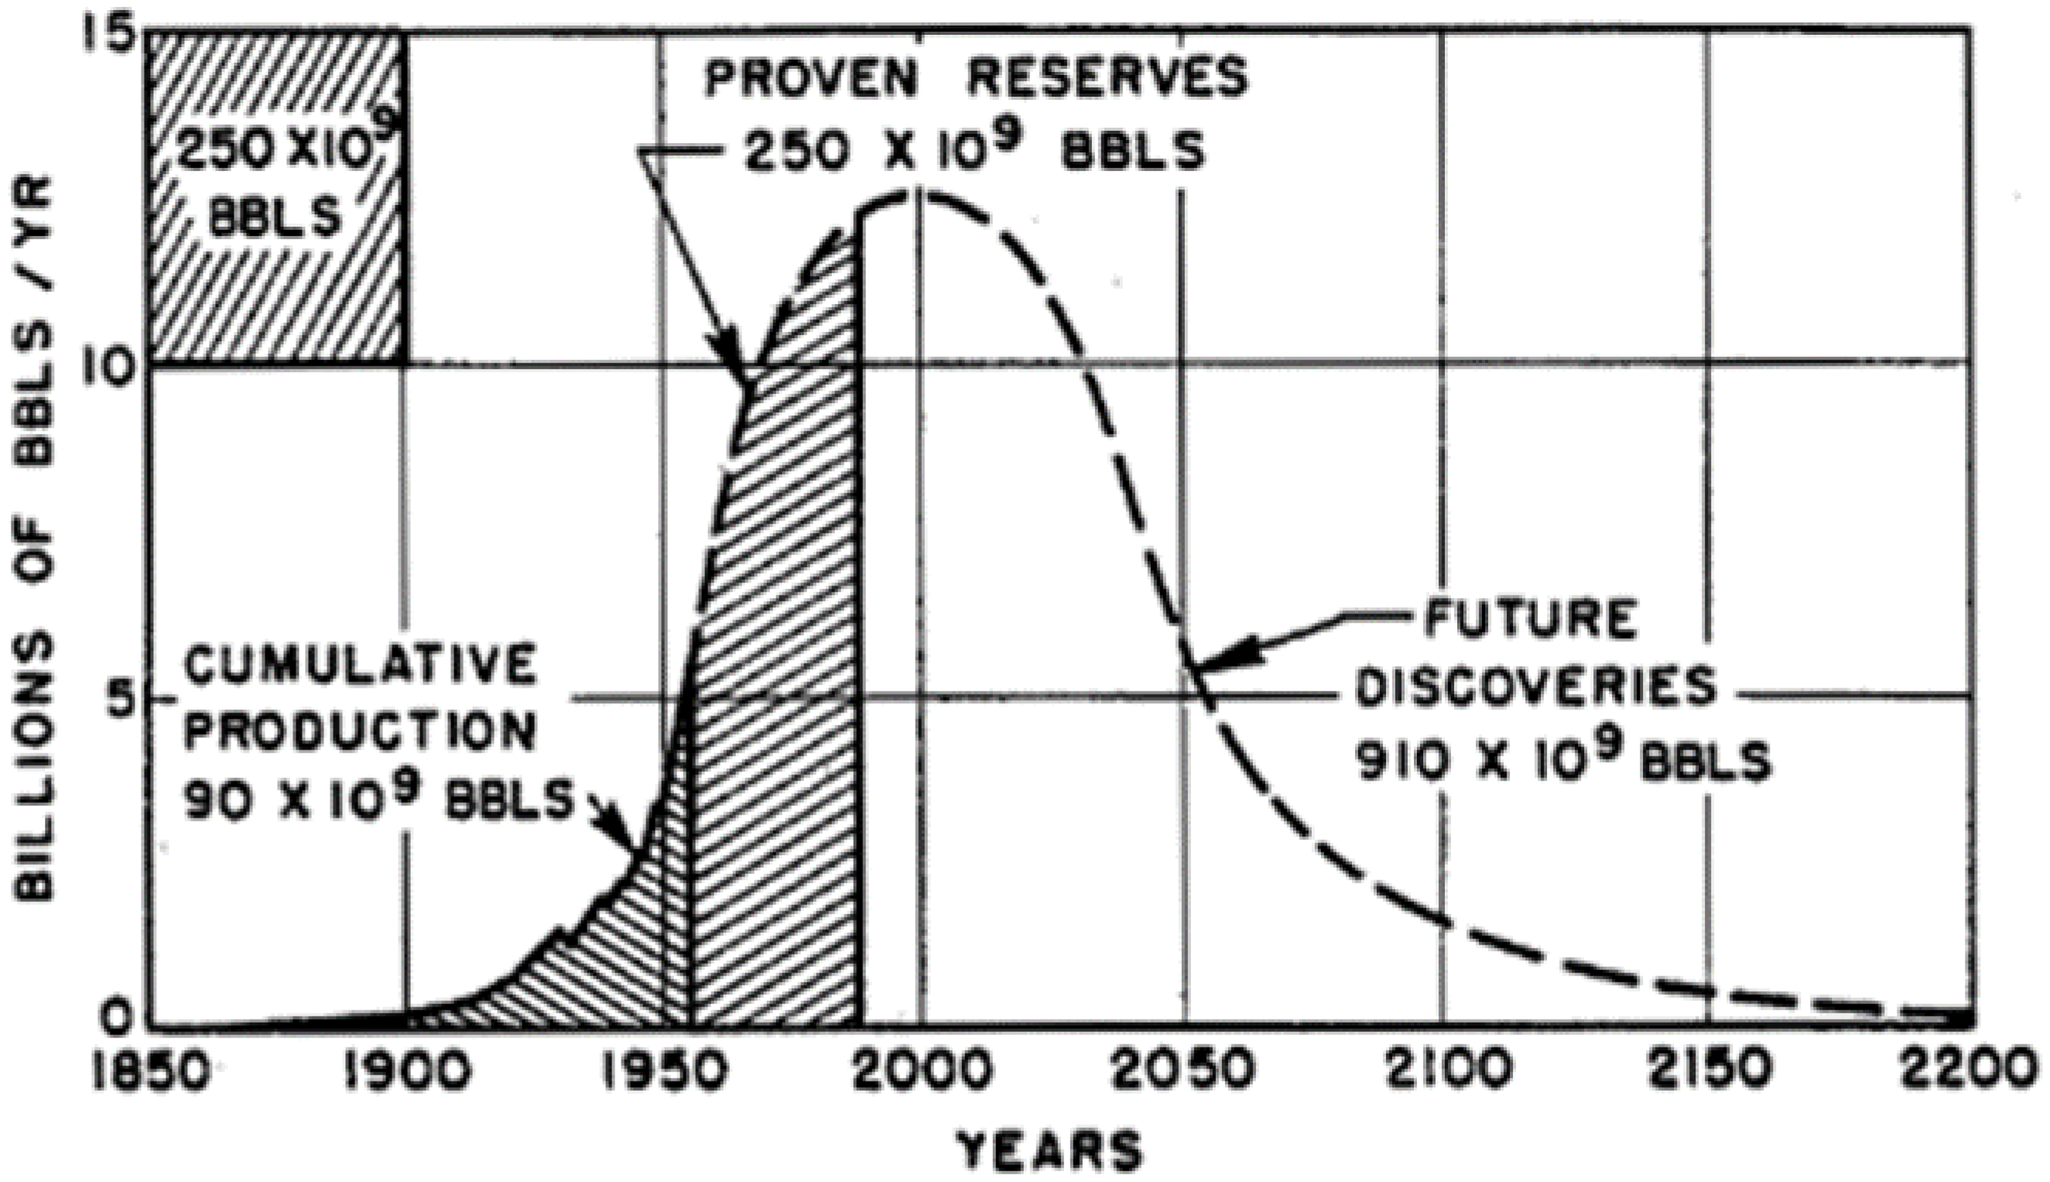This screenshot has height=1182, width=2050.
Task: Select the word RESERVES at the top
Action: tap(1107, 78)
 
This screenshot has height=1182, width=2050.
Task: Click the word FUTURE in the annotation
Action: tap(1531, 620)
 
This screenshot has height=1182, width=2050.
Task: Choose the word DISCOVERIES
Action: tap(1537, 688)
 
